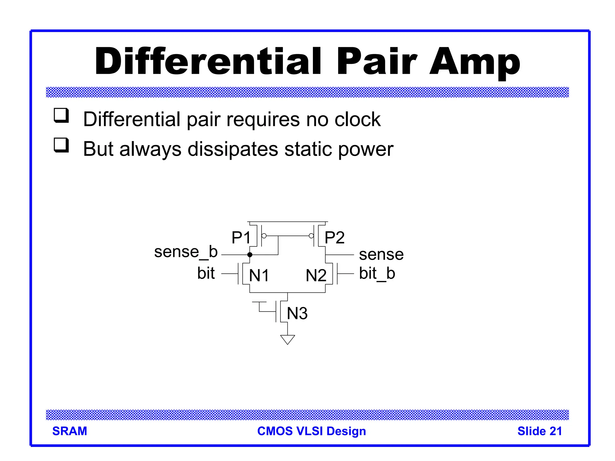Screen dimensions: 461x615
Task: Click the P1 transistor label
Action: click(241, 238)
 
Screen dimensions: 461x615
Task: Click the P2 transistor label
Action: click(335, 238)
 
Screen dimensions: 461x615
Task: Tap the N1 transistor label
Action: click(259, 275)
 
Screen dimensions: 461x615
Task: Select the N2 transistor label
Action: click(316, 275)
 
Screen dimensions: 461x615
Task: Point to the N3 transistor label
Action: click(297, 313)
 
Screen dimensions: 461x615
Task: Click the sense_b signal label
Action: click(186, 252)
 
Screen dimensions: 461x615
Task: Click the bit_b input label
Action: click(377, 273)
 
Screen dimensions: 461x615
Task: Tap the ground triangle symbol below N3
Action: click(288, 339)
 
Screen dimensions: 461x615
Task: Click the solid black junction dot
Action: click(250, 255)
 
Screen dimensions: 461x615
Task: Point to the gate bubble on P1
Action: click(264, 236)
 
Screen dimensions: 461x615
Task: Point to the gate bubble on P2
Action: click(311, 236)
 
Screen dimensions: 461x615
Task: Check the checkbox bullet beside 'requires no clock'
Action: click(61, 116)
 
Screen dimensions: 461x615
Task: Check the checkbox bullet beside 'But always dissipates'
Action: click(61, 145)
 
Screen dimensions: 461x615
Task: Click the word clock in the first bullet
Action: click(357, 119)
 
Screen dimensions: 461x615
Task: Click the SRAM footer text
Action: click(70, 431)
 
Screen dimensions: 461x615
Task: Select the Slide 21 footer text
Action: click(540, 431)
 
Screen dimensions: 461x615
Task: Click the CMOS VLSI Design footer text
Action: click(312, 431)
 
